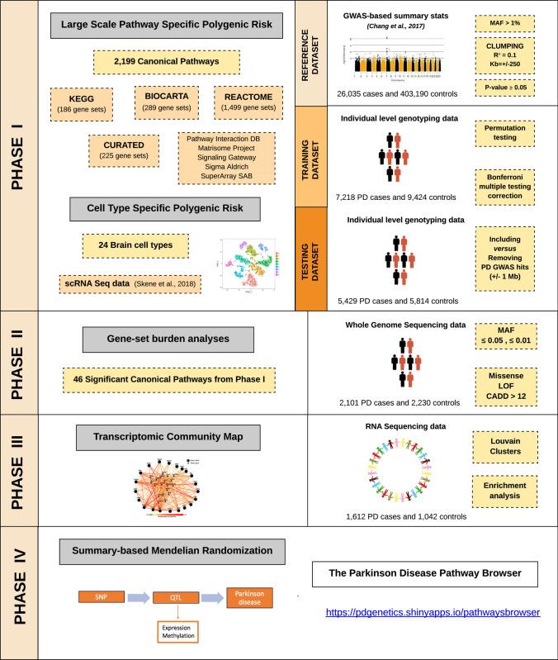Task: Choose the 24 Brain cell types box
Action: click(x=136, y=245)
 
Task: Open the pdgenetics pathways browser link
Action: click(x=433, y=613)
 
